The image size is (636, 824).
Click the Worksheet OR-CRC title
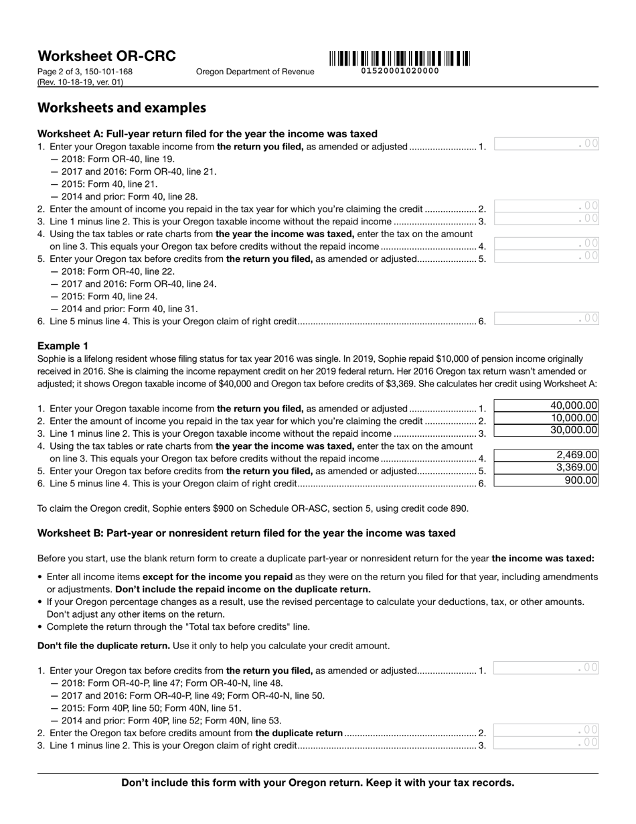tap(106, 56)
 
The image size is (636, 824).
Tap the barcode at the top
tap(399, 58)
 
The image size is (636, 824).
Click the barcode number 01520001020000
tap(400, 71)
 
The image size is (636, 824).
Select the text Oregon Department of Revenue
tap(254, 72)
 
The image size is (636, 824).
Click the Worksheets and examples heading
tap(121, 108)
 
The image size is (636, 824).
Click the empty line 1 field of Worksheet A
tap(546, 144)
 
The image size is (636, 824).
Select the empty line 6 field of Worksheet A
tap(546, 319)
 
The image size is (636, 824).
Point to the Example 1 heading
tap(62, 346)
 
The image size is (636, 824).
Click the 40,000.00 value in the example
tap(546, 406)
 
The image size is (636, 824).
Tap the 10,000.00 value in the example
tap(546, 418)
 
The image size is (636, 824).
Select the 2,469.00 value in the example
tap(546, 456)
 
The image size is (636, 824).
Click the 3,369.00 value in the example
tap(546, 468)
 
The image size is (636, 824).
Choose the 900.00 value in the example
tap(546, 480)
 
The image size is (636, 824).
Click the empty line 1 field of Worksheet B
tap(546, 668)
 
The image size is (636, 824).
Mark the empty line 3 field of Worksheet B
tap(546, 743)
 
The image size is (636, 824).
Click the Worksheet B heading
tap(246, 533)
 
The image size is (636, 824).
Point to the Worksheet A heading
tap(207, 134)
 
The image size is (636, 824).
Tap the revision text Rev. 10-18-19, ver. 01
tap(80, 82)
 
